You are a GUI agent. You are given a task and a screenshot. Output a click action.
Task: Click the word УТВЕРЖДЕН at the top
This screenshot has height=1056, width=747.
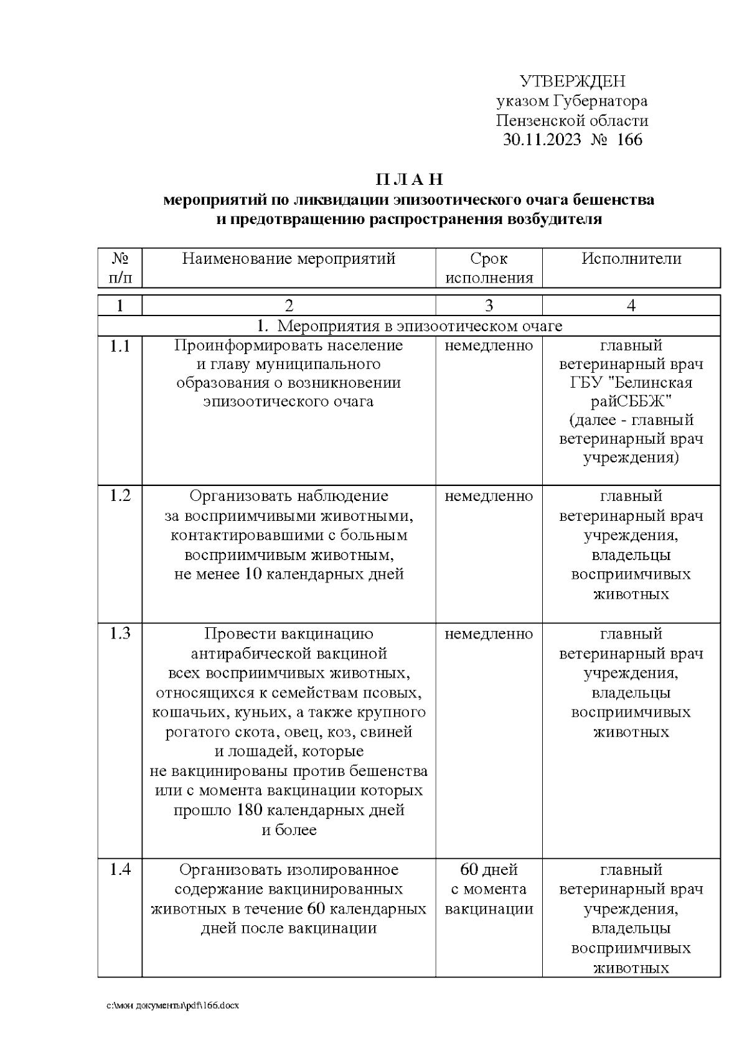tap(572, 82)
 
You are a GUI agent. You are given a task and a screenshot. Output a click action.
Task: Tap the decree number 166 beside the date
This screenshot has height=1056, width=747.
tap(629, 139)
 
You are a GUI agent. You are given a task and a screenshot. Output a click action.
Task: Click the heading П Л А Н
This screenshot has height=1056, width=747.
tap(409, 180)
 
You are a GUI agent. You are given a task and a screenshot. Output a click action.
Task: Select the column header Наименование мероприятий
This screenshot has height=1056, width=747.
tap(289, 259)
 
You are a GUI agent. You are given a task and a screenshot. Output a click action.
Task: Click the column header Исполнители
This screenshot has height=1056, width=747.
tap(631, 259)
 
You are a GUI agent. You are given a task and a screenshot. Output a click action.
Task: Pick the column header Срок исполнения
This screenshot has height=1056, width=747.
tap(489, 268)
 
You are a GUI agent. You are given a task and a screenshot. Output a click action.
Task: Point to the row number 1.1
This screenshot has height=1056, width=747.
tap(120, 346)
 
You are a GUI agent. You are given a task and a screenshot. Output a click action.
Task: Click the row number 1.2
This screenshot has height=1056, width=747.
tap(120, 496)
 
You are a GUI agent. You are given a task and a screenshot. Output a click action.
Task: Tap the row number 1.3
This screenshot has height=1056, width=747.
tap(120, 634)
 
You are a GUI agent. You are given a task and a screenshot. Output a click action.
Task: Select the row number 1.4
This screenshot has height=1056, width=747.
tap(120, 870)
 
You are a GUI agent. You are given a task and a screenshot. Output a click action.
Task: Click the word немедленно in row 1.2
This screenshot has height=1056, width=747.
tap(489, 497)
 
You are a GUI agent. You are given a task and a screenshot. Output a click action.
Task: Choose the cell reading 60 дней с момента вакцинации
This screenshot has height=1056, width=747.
tap(489, 889)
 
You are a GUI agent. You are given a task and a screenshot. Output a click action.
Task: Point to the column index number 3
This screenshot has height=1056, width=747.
tap(489, 306)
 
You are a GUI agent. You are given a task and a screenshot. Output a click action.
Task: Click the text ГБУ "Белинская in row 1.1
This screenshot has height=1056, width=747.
tap(631, 383)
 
